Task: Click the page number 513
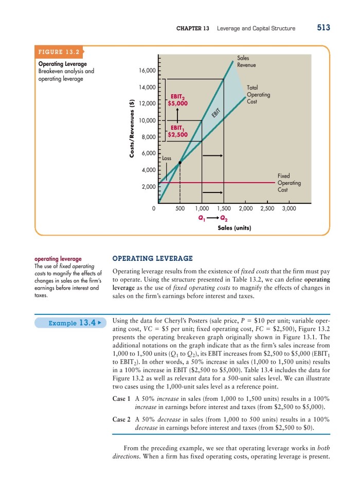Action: click(323, 28)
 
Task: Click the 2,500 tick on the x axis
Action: click(267, 209)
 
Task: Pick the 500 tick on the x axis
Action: click(180, 209)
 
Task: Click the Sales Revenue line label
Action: click(246, 62)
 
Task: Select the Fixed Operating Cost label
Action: click(289, 183)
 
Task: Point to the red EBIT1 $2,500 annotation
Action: click(178, 131)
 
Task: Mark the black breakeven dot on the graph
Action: click(180, 162)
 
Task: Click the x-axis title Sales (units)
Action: click(234, 227)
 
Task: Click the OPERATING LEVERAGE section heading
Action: click(152, 258)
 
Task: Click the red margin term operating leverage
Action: click(58, 259)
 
